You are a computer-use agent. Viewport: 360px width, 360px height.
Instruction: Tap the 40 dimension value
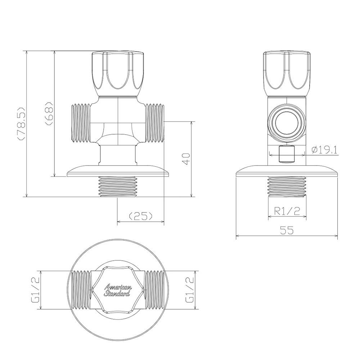tap(186, 159)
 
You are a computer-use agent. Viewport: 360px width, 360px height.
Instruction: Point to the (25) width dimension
tap(141, 216)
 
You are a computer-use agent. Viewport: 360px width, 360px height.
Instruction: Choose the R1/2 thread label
tap(287, 211)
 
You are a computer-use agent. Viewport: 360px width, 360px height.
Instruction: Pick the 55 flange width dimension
tap(287, 230)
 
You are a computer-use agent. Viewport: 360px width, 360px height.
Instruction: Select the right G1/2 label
tap(190, 289)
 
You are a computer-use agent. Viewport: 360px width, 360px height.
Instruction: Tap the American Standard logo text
tap(118, 290)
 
